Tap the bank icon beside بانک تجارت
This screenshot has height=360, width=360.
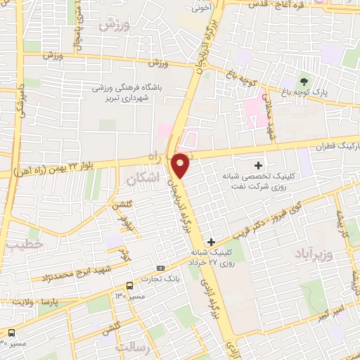pos(160,268)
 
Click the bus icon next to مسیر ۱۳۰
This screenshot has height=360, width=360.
pos(129,285)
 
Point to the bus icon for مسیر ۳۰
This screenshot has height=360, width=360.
pos(12,333)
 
